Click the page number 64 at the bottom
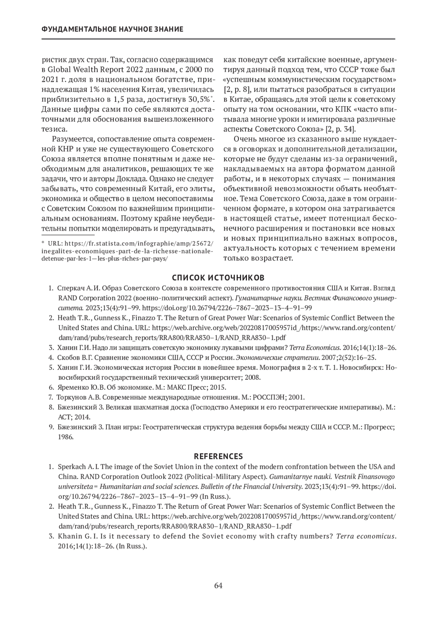(x=218, y=585)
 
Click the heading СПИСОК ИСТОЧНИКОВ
(x=218, y=278)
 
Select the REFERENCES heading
(x=218, y=456)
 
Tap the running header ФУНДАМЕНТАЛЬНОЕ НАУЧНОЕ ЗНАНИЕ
(x=113, y=29)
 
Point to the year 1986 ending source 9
(x=66, y=437)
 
